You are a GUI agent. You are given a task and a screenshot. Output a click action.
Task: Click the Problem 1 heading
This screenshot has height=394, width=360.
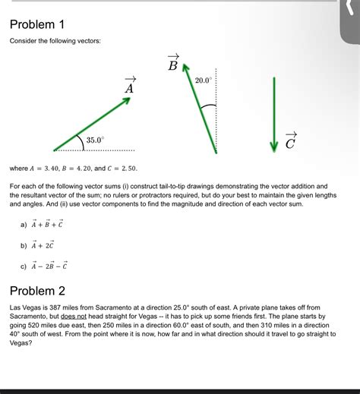(x=37, y=24)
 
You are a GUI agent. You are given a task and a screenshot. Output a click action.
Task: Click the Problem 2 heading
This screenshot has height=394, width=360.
(x=37, y=291)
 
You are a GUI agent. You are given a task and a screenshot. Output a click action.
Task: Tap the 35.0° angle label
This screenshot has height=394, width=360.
(x=95, y=140)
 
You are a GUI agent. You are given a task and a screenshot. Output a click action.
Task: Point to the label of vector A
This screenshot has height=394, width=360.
(x=129, y=86)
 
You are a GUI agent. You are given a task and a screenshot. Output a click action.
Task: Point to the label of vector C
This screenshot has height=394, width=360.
(x=291, y=140)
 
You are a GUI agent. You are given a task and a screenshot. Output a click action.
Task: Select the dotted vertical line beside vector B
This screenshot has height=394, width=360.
(x=219, y=114)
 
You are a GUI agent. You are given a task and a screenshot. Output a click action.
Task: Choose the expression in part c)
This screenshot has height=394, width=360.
(x=49, y=266)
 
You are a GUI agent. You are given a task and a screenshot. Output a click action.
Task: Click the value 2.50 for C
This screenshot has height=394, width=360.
(x=127, y=168)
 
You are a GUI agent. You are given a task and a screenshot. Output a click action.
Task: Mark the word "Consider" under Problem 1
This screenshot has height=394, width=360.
(x=24, y=40)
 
